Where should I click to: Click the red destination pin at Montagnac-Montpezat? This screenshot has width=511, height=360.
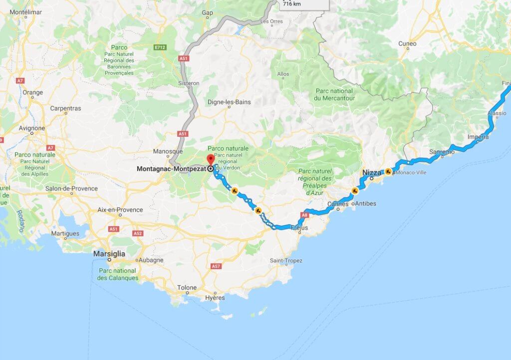pyautogui.click(x=210, y=160)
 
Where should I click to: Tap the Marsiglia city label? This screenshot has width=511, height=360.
pyautogui.click(x=109, y=254)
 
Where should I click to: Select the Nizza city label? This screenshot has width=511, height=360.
pyautogui.click(x=371, y=172)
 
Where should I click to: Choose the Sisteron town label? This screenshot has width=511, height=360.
pyautogui.click(x=189, y=83)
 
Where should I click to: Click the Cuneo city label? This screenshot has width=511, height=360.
pyautogui.click(x=407, y=44)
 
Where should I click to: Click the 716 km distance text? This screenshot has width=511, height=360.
pyautogui.click(x=291, y=3)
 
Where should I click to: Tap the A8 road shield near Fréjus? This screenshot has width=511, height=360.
pyautogui.click(x=305, y=215)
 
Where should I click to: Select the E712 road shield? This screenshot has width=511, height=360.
pyautogui.click(x=160, y=47)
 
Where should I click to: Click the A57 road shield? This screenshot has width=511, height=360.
pyautogui.click(x=216, y=266)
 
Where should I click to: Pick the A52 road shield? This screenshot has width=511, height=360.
pyautogui.click(x=138, y=233)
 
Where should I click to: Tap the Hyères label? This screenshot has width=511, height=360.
pyautogui.click(x=215, y=298)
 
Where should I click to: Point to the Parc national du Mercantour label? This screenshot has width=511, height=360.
pyautogui.click(x=334, y=94)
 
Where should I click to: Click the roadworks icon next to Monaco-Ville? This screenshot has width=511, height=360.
pyautogui.click(x=388, y=172)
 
